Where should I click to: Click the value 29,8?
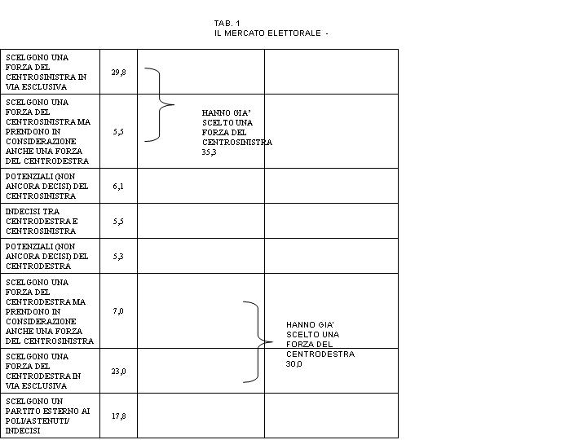point(118,73)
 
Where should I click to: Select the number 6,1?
point(118,187)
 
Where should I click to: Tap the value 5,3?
point(118,257)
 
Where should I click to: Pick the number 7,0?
point(118,311)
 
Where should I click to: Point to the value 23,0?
point(118,372)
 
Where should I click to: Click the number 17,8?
point(118,416)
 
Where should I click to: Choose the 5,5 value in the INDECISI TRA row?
point(118,222)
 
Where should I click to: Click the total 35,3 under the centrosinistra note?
point(209,152)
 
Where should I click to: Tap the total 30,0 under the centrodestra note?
point(293,364)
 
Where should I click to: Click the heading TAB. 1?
point(227,23)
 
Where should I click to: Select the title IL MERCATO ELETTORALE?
point(267,33)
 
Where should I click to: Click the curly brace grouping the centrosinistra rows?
point(160,105)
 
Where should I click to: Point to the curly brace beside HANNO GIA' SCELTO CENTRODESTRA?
point(258,341)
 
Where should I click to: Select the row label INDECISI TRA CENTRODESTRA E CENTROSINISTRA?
point(42,221)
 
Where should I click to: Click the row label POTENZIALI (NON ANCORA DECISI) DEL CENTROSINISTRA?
point(46,187)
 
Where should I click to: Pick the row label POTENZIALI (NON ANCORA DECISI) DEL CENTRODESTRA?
point(46,257)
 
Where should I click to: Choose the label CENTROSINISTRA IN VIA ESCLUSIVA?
point(46,82)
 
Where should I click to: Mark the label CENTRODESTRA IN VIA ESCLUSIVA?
point(43,381)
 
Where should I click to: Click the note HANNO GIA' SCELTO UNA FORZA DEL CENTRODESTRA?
point(320,339)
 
